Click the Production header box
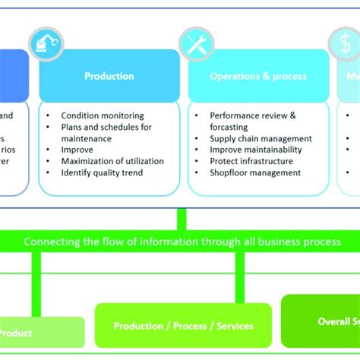[x=109, y=76]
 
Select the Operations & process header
[x=258, y=76]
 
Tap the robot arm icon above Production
[x=46, y=44]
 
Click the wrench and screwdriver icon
[x=195, y=44]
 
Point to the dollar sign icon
[x=343, y=44]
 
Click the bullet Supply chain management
[x=261, y=139]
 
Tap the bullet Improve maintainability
[x=256, y=150]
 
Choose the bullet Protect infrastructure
[x=251, y=162]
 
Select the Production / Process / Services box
[x=183, y=326]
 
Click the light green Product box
[x=38, y=333]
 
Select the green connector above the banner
[x=181, y=219]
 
